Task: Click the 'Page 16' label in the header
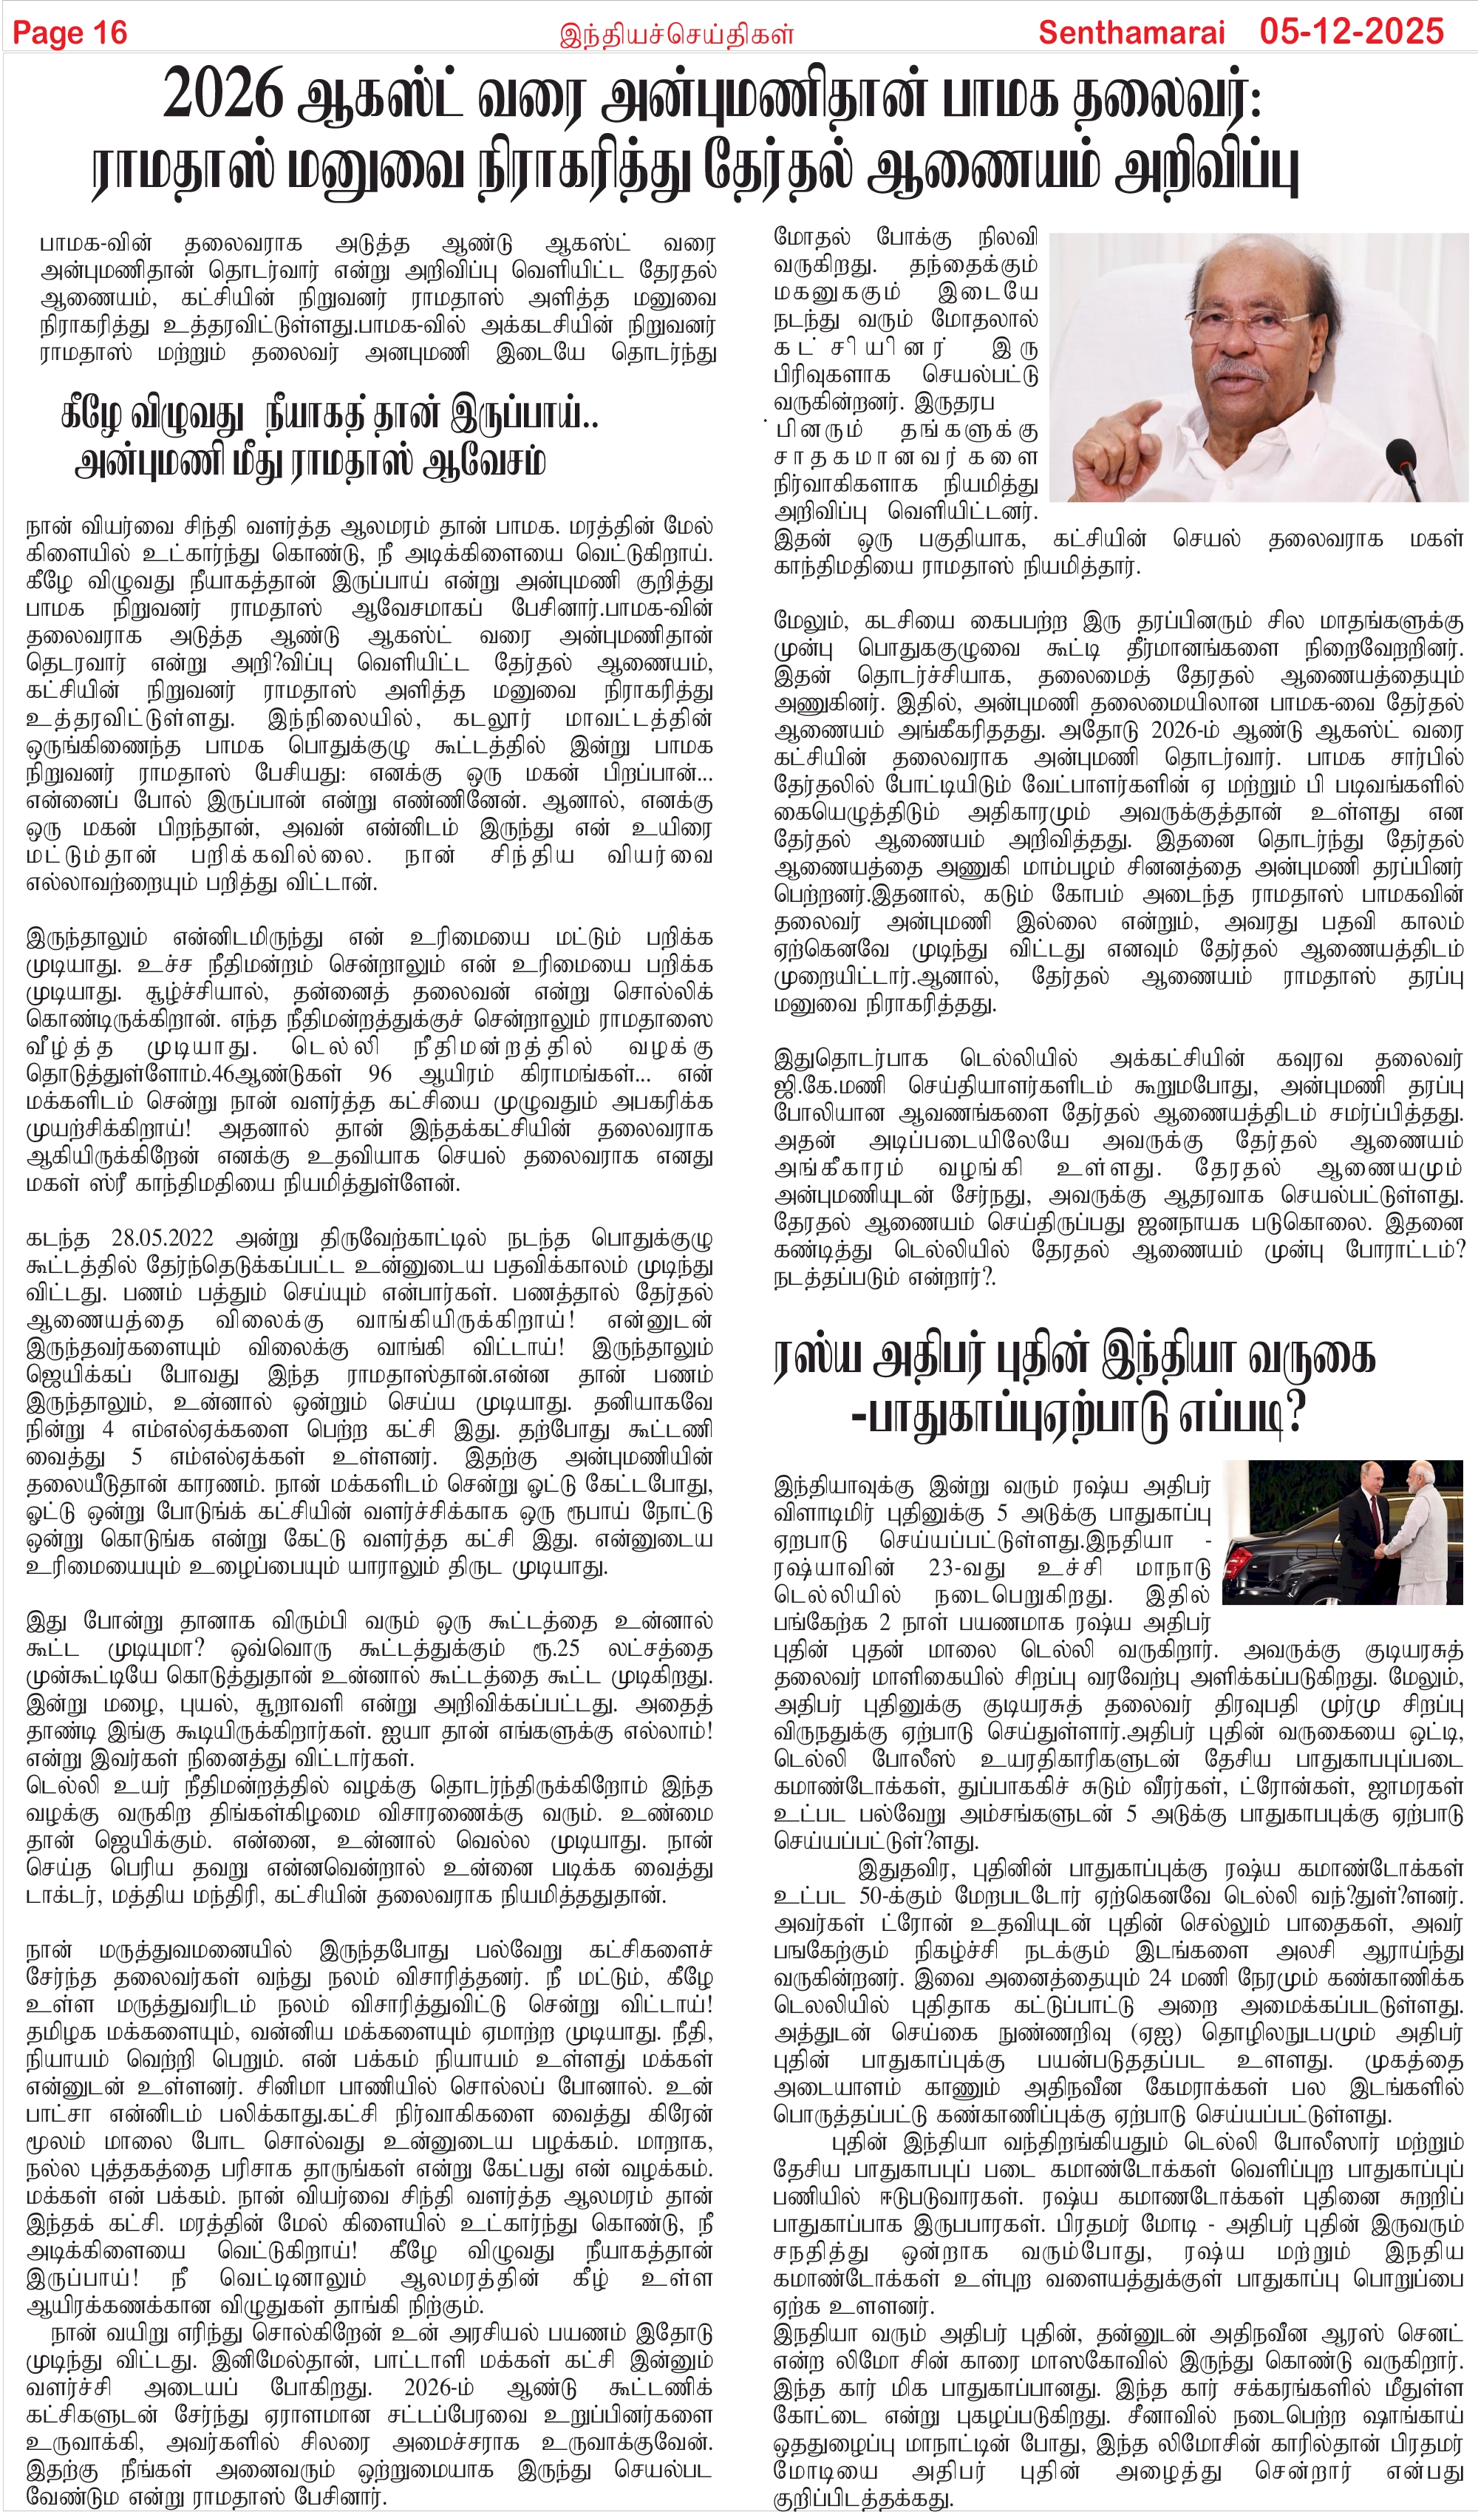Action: point(69,32)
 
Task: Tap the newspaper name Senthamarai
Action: point(1131,32)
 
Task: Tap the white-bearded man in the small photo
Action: point(1426,1526)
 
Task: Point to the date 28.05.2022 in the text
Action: point(161,1239)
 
